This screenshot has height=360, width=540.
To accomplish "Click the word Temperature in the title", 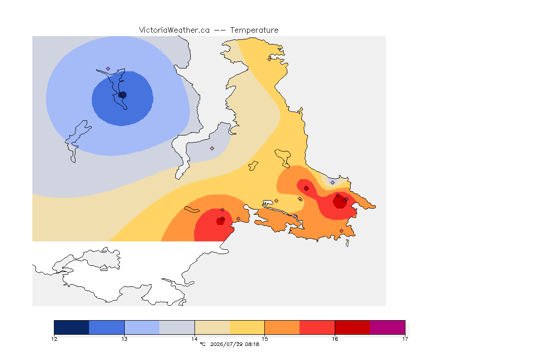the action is point(254,30).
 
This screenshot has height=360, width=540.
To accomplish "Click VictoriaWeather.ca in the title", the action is point(174,30).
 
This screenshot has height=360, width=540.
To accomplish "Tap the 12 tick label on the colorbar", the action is point(54,339).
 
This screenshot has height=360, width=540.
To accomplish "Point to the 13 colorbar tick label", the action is point(124,339).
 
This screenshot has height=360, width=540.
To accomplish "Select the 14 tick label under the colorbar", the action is point(195,339).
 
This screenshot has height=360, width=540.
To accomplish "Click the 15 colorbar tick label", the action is point(264,339).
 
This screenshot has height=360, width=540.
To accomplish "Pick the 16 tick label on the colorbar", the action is point(335,339).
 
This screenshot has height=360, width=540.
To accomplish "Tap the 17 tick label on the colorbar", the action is point(405,339).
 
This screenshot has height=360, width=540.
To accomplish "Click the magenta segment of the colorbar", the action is point(388,327).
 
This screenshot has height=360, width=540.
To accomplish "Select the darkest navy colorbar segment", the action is point(72,327).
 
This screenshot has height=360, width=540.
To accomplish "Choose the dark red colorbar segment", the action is point(352,327).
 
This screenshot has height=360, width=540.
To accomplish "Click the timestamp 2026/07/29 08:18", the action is point(234,344).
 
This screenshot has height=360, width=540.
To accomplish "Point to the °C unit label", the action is point(202,344).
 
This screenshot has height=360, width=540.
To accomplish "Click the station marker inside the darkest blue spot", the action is point(122,95).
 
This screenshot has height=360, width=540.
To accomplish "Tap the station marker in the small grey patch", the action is point(332,183).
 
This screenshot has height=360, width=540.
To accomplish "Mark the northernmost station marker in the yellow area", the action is point(270,59).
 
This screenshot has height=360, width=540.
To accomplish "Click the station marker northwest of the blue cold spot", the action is point(108,69).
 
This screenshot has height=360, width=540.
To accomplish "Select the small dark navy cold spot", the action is point(123,95).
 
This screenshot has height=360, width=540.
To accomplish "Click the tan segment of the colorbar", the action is point(212,327).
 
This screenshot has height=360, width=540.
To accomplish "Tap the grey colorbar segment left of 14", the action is point(177,327).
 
